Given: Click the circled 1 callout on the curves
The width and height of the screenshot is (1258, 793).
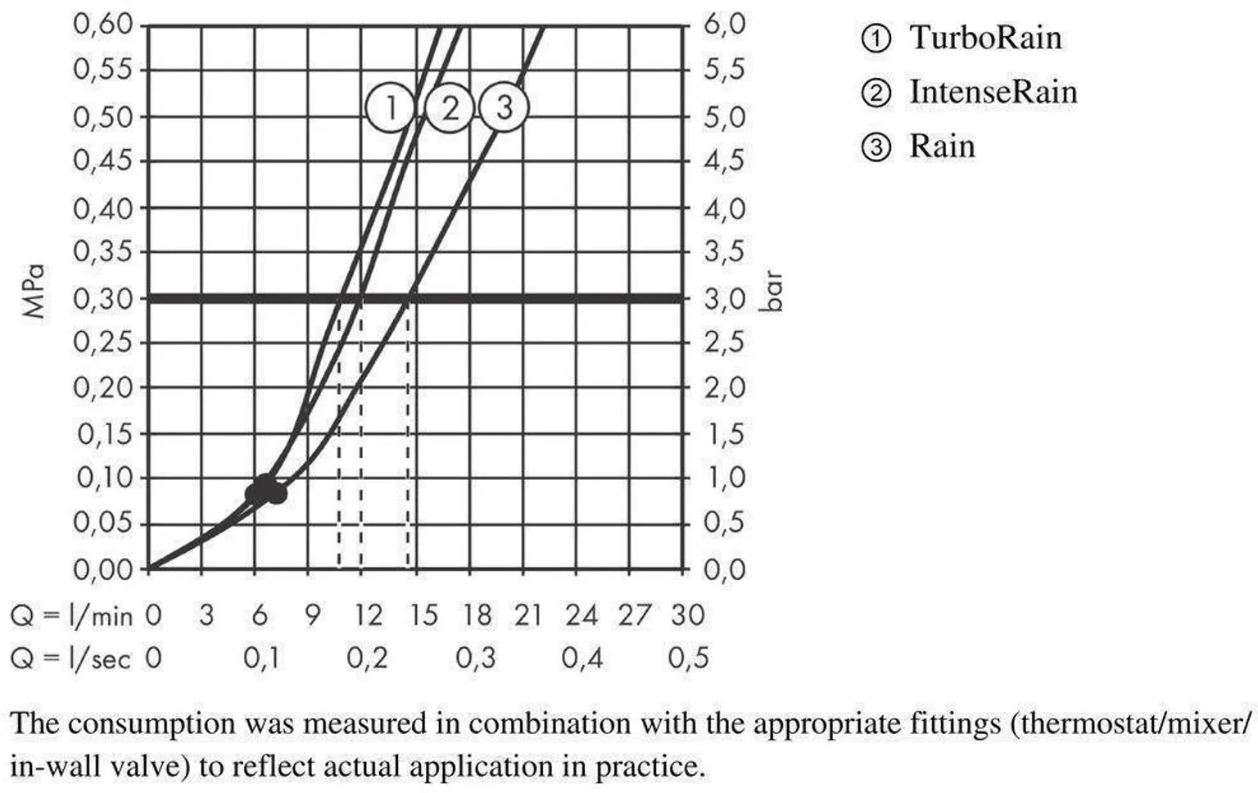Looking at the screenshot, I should pos(391,108).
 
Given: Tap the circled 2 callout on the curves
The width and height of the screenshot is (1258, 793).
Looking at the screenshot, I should pos(450,108).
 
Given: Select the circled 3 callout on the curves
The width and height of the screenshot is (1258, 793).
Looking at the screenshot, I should pos(504,107).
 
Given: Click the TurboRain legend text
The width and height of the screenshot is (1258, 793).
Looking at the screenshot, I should pos(985,38).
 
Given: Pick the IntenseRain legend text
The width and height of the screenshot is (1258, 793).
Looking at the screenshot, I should pos(993,92).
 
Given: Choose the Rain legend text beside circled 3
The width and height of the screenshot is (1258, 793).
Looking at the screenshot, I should pos(942,147).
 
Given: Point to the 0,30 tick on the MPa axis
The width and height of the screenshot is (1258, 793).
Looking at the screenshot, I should pos(103,299).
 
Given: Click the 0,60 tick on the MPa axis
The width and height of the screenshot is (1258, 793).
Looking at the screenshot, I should pos(103,25).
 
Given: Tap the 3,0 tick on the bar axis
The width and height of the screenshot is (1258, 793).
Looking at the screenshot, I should pos(725,299).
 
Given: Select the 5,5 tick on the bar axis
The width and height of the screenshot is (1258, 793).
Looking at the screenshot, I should pos(725,70).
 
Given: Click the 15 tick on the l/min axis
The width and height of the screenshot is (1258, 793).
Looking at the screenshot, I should pos(423,614).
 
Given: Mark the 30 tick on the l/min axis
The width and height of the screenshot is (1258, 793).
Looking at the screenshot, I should pos(687,614).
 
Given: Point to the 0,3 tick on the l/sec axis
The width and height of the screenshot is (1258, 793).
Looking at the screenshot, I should pos(475,658).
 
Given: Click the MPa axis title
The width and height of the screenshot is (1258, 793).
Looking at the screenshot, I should pos(34,291).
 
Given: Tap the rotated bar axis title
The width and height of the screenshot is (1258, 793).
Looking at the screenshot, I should pos(772,291).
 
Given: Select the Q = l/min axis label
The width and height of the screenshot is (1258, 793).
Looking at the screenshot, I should pos(71,615).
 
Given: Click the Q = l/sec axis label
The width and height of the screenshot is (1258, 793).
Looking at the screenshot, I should pos(70,658).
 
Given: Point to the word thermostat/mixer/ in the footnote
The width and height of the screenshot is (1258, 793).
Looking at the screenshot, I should pos(1130,724).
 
